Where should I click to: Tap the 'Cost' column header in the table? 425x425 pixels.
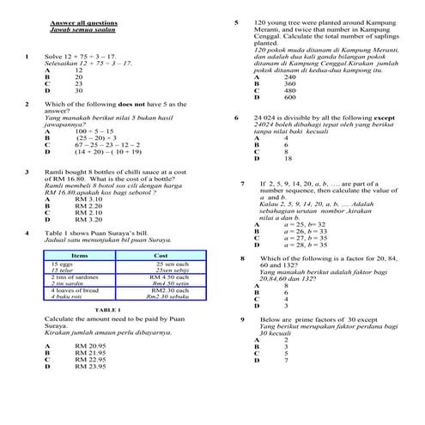[160, 256]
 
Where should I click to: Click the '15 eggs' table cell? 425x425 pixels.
[63, 264]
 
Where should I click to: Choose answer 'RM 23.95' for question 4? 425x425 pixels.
[90, 367]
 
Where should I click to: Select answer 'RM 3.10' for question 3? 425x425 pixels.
[88, 199]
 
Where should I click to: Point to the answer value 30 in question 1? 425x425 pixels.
[79, 89]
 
